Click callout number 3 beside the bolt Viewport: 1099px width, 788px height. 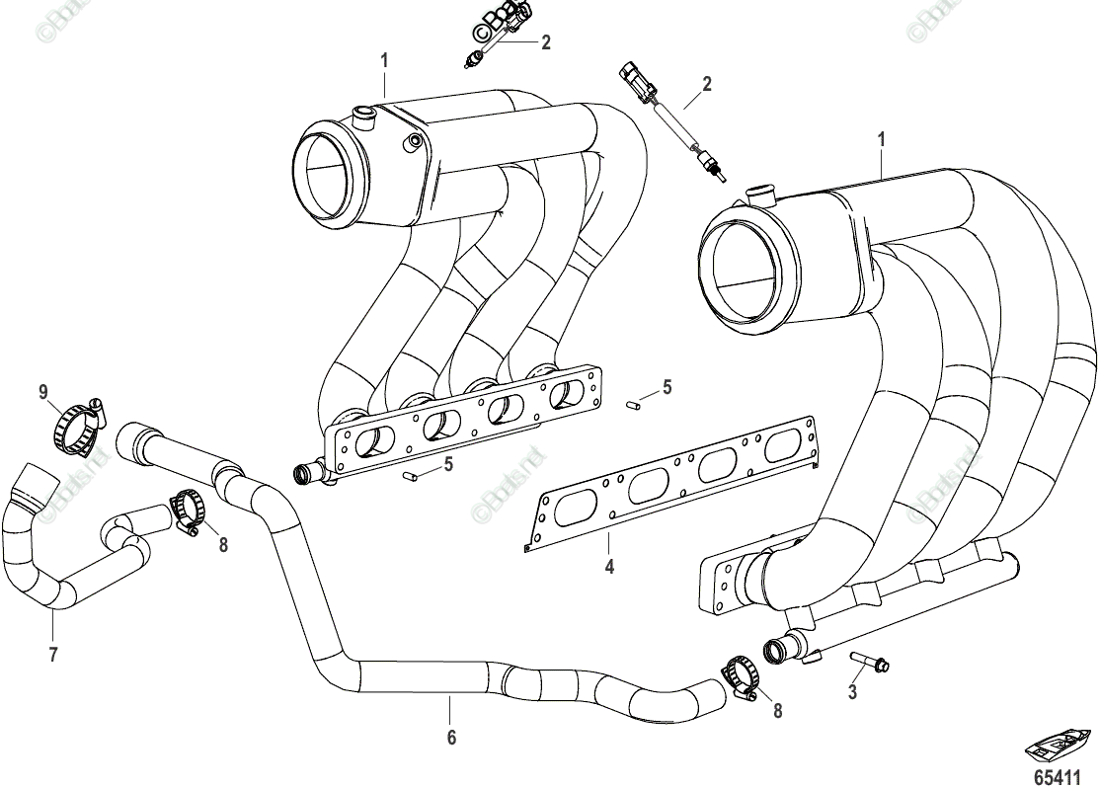tap(852, 692)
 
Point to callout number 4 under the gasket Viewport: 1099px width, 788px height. tap(609, 567)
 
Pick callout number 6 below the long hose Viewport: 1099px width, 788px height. tap(450, 736)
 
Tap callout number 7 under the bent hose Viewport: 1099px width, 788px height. tap(52, 653)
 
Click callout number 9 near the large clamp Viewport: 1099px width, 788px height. tap(43, 393)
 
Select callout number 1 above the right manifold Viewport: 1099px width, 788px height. tap(882, 140)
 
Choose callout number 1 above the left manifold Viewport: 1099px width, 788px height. tap(384, 61)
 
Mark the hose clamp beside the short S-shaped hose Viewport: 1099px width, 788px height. tap(188, 512)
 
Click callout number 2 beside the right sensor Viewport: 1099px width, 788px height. tap(707, 84)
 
